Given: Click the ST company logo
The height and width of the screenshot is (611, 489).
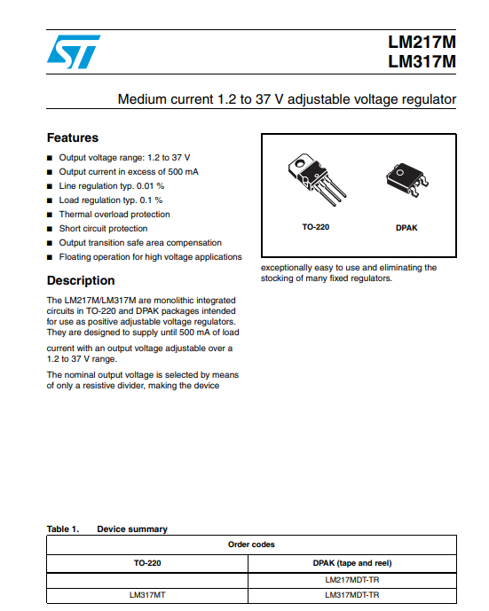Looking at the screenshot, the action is point(74,51).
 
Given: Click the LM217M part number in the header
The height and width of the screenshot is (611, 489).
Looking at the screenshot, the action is point(422,42).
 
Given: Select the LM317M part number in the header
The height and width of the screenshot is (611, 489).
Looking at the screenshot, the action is point(422,61).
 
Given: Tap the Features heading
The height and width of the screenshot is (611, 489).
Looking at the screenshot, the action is point(73,137).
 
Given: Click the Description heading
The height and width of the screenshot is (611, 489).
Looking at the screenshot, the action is point(81,280).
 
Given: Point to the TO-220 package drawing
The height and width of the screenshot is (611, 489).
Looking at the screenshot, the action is point(316,179).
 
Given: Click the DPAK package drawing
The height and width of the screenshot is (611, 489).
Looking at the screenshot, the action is point(407,180).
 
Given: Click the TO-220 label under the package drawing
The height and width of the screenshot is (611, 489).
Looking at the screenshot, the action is point(316,227).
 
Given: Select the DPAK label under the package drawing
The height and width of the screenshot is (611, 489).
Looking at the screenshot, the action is point(406,228).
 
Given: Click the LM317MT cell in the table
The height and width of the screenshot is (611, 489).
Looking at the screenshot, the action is point(147,595).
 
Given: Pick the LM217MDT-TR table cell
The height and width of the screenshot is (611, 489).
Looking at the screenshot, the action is point(352,580).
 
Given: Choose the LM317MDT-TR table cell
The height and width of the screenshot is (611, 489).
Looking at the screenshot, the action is point(352,595).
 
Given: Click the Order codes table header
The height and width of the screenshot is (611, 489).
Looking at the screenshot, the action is point(251,544).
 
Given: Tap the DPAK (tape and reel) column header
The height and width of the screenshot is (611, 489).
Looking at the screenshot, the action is point(352,563).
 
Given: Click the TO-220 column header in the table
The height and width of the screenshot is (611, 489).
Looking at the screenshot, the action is point(147,563).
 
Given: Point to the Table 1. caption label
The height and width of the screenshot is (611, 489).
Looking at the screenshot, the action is point(63,529).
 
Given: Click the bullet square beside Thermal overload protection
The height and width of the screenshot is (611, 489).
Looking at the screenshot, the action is point(50,215).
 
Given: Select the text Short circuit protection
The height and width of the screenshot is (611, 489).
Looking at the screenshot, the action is point(103,228).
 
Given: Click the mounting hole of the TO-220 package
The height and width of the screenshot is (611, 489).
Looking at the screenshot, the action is point(300,163).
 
